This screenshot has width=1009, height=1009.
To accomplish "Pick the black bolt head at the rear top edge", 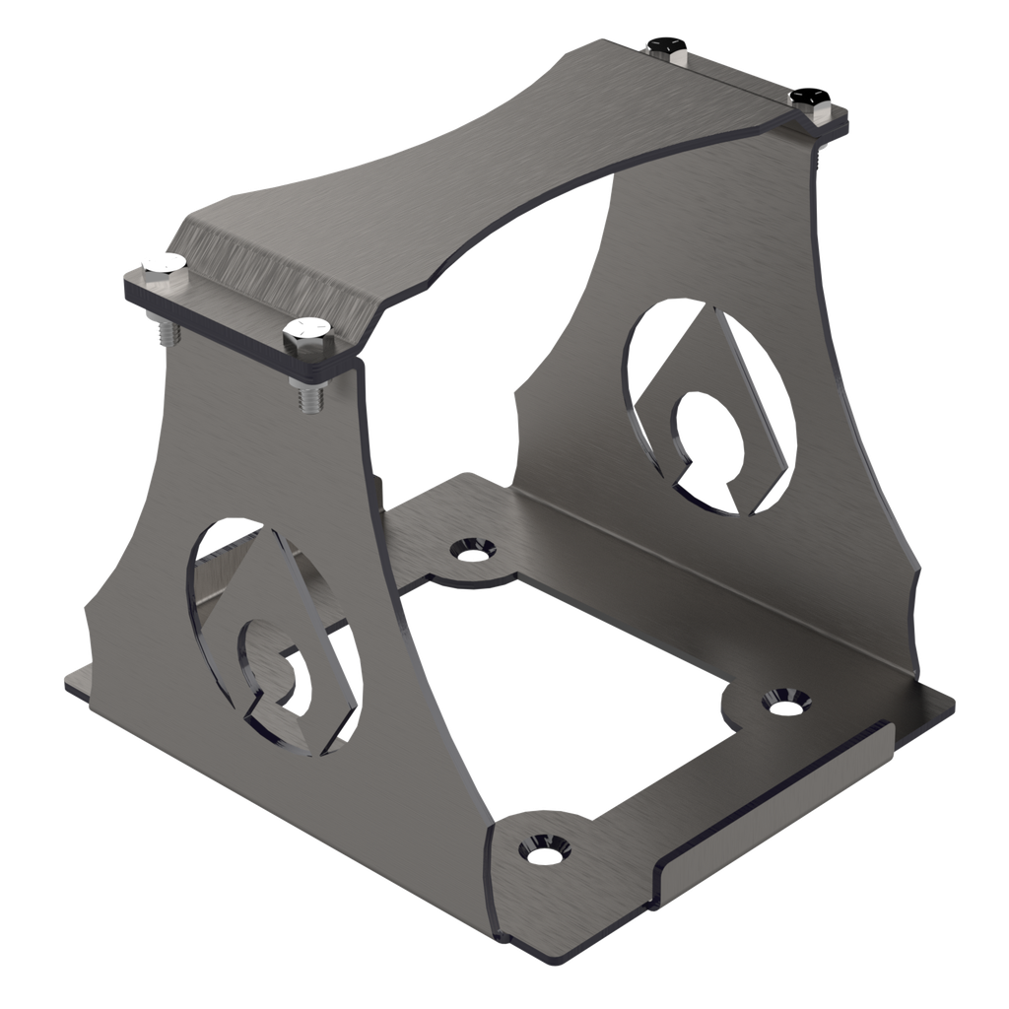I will coord(667,46).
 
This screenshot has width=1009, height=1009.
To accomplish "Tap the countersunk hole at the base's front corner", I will coord(541,845).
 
